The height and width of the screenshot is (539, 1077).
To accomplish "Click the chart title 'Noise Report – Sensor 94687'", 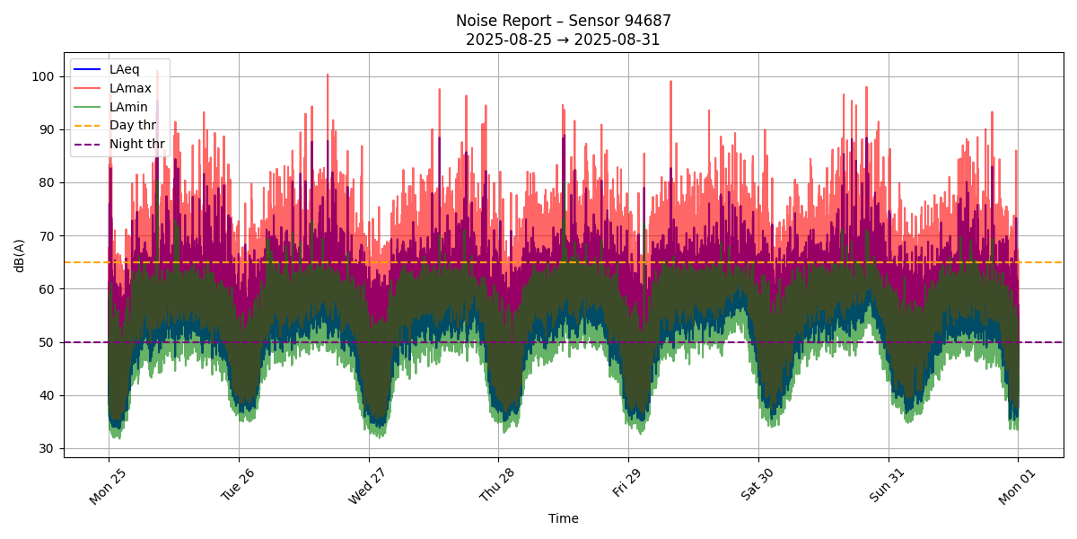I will (x=563, y=21).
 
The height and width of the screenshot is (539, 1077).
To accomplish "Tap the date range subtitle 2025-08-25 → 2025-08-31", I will (x=563, y=40).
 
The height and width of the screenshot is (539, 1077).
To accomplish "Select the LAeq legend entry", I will (x=124, y=69).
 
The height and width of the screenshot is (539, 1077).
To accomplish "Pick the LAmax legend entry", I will (x=130, y=88).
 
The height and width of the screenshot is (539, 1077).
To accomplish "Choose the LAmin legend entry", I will (x=128, y=107).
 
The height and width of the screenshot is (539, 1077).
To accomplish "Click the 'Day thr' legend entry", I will (x=132, y=125).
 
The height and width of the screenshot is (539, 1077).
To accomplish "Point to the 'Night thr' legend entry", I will (x=136, y=144).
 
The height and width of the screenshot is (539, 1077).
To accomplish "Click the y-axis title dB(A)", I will (x=19, y=255).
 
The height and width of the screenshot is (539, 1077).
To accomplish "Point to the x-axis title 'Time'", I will (x=563, y=518).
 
